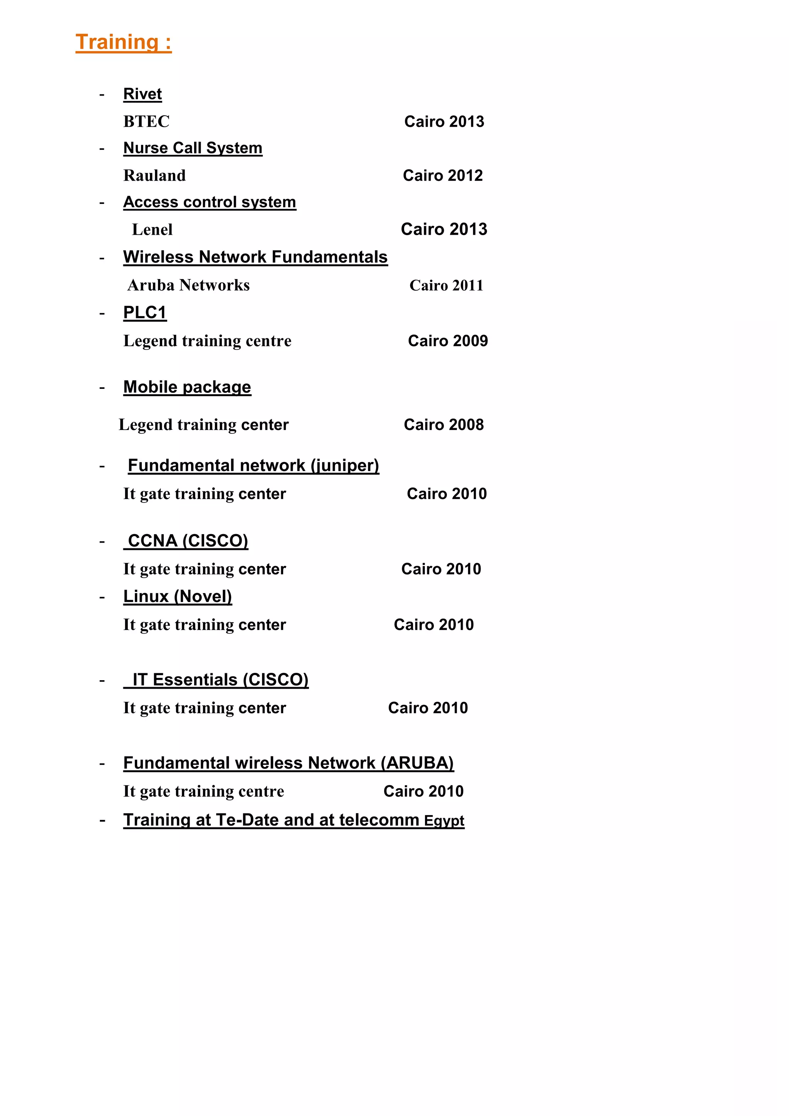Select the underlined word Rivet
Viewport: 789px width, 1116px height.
(x=142, y=94)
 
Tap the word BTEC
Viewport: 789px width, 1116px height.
(x=146, y=121)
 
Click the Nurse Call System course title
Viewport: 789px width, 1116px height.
(x=193, y=148)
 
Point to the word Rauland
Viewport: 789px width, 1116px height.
(x=154, y=175)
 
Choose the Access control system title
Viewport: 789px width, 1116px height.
(x=210, y=202)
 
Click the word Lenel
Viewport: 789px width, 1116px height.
(x=152, y=229)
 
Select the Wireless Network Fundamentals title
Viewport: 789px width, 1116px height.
(x=255, y=257)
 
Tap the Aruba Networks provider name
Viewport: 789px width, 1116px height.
(x=188, y=285)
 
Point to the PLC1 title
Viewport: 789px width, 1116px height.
(x=145, y=313)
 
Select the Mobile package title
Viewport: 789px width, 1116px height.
(x=187, y=387)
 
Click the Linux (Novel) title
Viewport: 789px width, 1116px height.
(x=177, y=597)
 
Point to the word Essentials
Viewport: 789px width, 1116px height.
(x=195, y=679)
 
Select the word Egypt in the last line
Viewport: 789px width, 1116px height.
(x=443, y=821)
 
